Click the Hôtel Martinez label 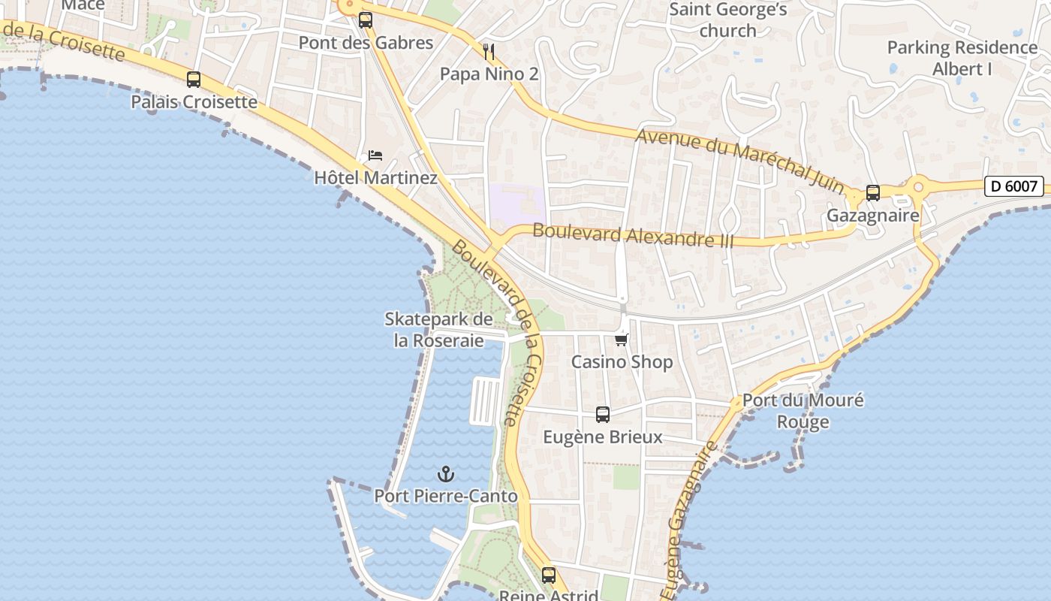(x=375, y=178)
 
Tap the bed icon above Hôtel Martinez (x=375, y=156)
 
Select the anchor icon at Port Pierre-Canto (x=446, y=474)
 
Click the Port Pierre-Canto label (x=446, y=497)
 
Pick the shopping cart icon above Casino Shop (x=621, y=340)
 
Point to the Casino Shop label (x=622, y=362)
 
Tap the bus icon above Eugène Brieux (x=602, y=414)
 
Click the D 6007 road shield (x=1013, y=186)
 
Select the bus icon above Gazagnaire (x=872, y=193)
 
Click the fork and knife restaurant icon (x=489, y=51)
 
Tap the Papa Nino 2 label (x=489, y=74)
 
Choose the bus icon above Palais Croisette (x=194, y=80)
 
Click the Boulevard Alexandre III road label (x=633, y=234)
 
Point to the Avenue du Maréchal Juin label (x=739, y=161)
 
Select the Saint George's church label (x=727, y=20)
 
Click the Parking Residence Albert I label (x=962, y=58)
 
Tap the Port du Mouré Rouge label (x=803, y=410)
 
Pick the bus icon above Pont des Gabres (x=366, y=20)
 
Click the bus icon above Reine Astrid (x=549, y=575)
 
